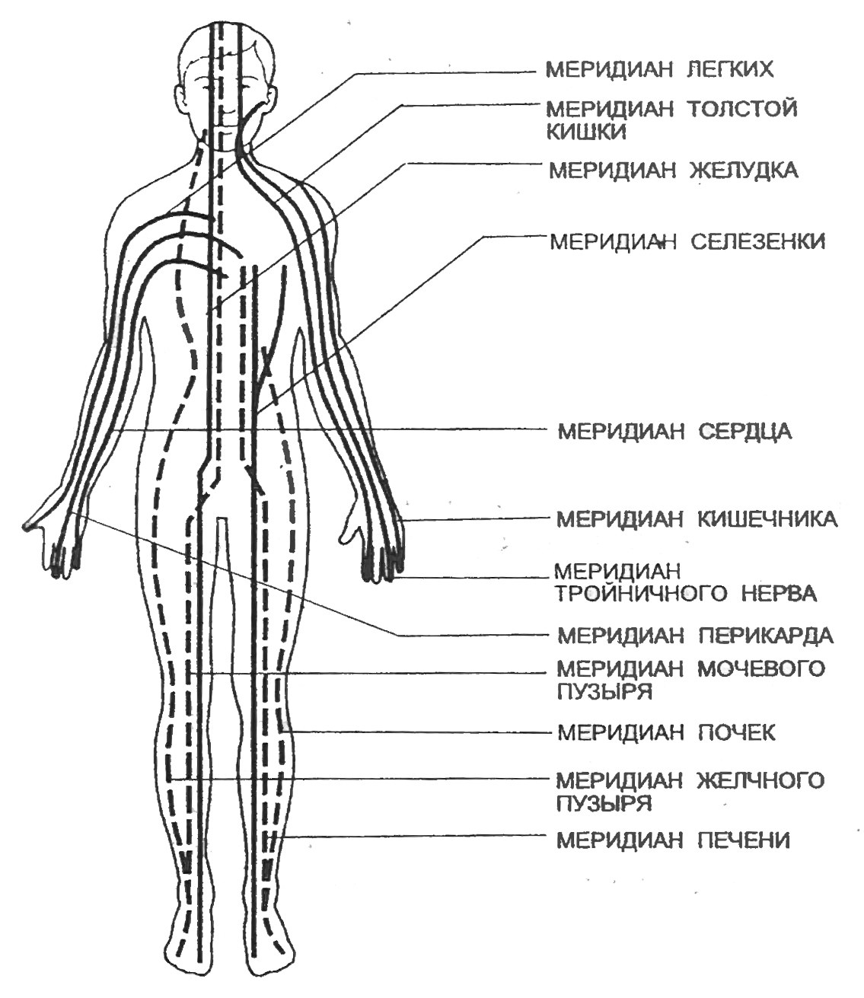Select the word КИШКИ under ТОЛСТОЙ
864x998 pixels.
coord(586,132)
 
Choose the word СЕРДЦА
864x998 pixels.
coord(744,432)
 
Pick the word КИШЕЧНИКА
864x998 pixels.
coord(768,519)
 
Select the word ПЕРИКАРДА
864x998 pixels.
coord(766,635)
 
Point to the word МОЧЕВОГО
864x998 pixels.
coord(761,668)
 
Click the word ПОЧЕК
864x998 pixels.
coord(737,732)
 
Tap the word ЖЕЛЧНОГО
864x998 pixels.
coord(761,781)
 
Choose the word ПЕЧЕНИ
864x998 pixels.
coord(744,840)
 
